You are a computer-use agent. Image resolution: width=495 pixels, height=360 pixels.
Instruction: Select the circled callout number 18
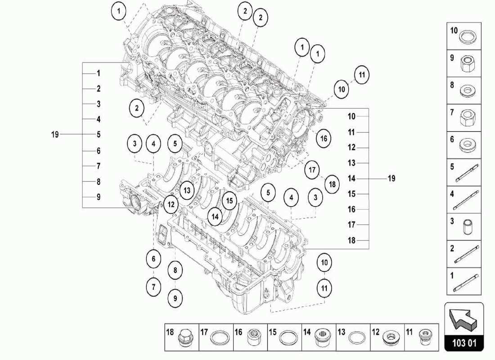coord(332,184)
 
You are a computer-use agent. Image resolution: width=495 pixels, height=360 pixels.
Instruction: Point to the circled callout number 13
coord(187,190)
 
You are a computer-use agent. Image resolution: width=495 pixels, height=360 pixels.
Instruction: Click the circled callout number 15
coord(229,200)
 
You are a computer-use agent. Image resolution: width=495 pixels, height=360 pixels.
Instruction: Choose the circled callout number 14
coord(216,216)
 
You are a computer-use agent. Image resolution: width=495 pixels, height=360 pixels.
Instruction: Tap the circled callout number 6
coord(153,259)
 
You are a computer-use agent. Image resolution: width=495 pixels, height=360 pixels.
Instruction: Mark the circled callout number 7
coord(153,286)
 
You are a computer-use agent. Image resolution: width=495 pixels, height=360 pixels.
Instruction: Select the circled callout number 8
coord(175,270)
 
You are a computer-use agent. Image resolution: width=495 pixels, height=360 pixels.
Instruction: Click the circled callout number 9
coord(175,297)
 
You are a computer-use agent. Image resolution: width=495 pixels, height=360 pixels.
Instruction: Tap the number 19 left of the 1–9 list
coord(55,134)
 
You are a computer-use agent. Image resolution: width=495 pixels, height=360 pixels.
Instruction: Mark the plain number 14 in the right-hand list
coord(351,178)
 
